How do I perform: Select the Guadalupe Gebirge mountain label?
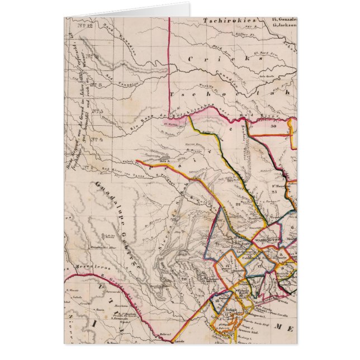(x=120, y=224)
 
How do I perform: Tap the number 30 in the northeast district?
(x=273, y=127)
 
